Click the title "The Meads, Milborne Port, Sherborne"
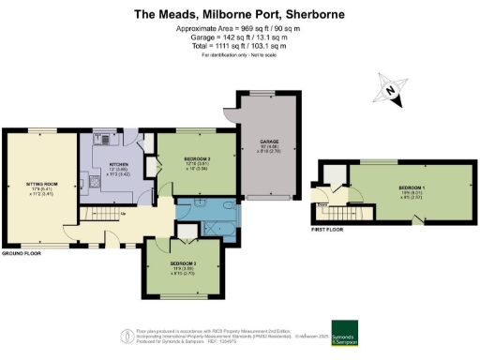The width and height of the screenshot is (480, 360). (240, 14)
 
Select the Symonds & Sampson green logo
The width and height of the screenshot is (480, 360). (344, 333)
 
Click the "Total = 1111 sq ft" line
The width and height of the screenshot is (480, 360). (240, 47)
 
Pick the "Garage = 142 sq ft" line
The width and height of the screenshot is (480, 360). (240, 37)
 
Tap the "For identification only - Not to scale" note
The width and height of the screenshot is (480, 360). (240, 56)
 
